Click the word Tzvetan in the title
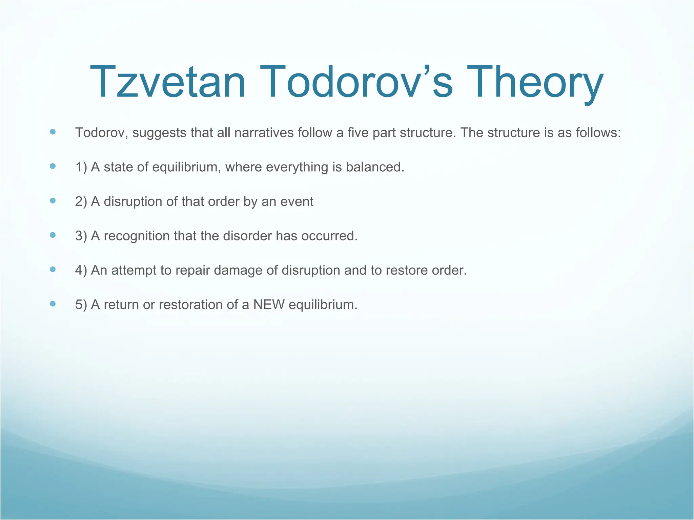point(167,82)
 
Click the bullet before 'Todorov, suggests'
point(53,132)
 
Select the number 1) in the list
point(81,167)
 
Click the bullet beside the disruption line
point(53,201)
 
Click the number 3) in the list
point(81,236)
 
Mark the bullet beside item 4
point(53,269)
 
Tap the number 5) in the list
point(81,305)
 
